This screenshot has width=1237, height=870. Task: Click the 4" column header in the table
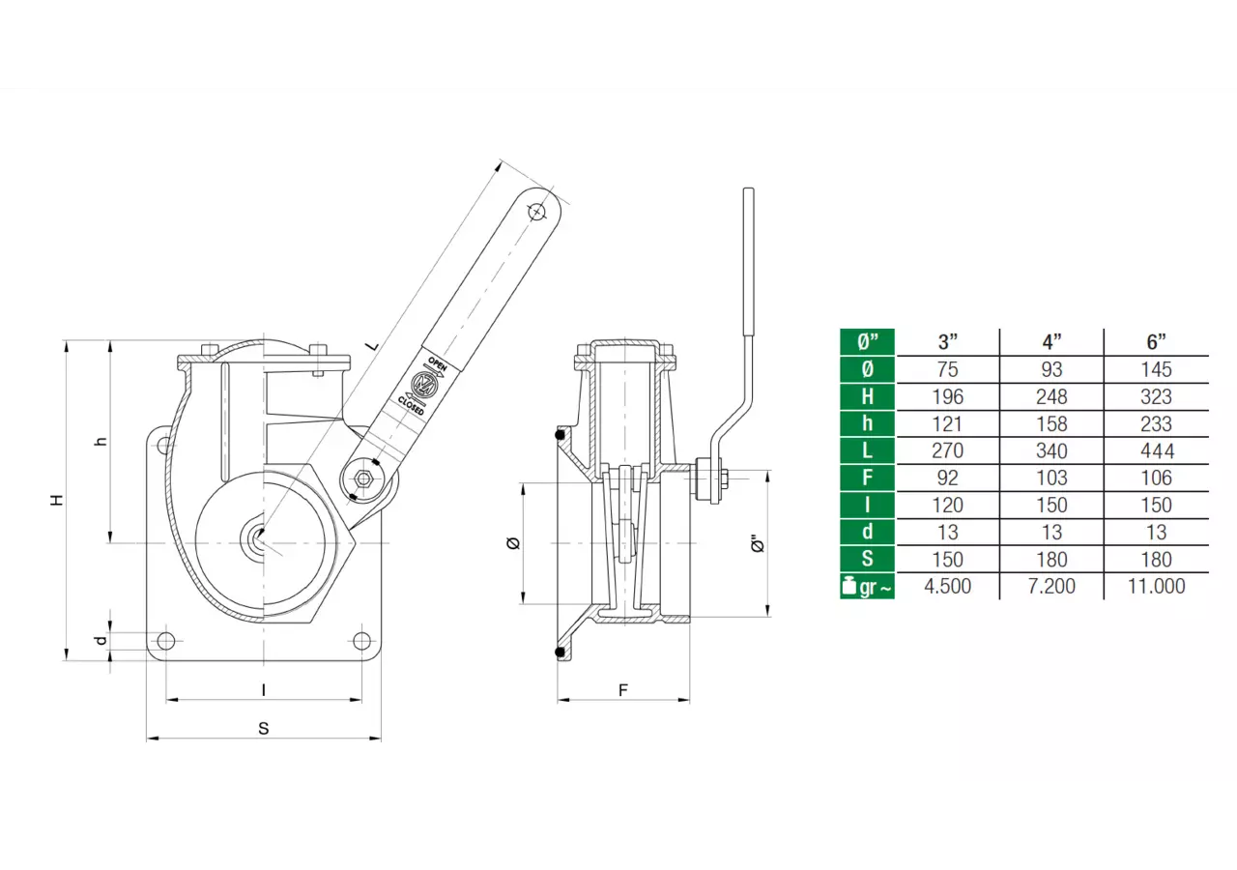pos(1051,342)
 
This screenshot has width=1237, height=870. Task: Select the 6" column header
pos(1156,342)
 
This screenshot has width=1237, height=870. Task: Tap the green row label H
pos(867,396)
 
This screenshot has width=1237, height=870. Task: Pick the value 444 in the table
pos(1157,450)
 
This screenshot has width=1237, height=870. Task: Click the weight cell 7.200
pos(1051,586)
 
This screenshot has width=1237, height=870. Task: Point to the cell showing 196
pos(948,396)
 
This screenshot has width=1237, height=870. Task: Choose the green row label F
pos(867,478)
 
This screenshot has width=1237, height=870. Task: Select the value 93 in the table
pos(1051,369)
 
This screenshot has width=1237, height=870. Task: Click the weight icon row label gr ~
pos(867,587)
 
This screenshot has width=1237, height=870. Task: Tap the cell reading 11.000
pos(1157,586)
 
